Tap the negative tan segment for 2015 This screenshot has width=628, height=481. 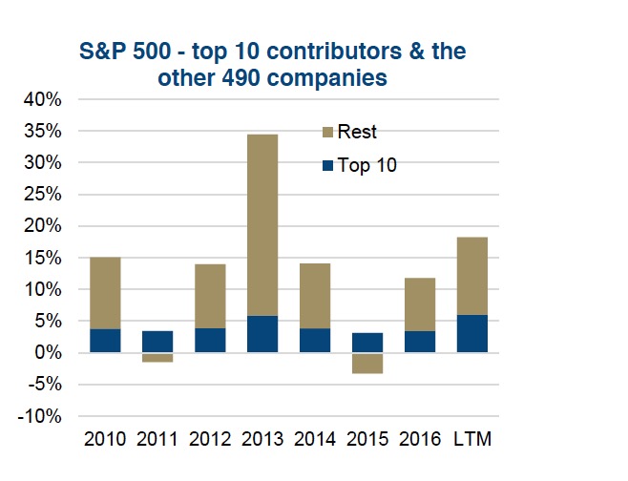366,363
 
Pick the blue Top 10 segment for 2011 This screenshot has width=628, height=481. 157,341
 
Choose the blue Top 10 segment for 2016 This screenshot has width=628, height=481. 419,342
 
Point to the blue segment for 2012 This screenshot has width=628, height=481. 210,340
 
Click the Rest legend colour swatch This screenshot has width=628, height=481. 326,133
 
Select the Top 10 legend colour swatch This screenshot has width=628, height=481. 326,165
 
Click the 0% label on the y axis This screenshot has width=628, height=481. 49,353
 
